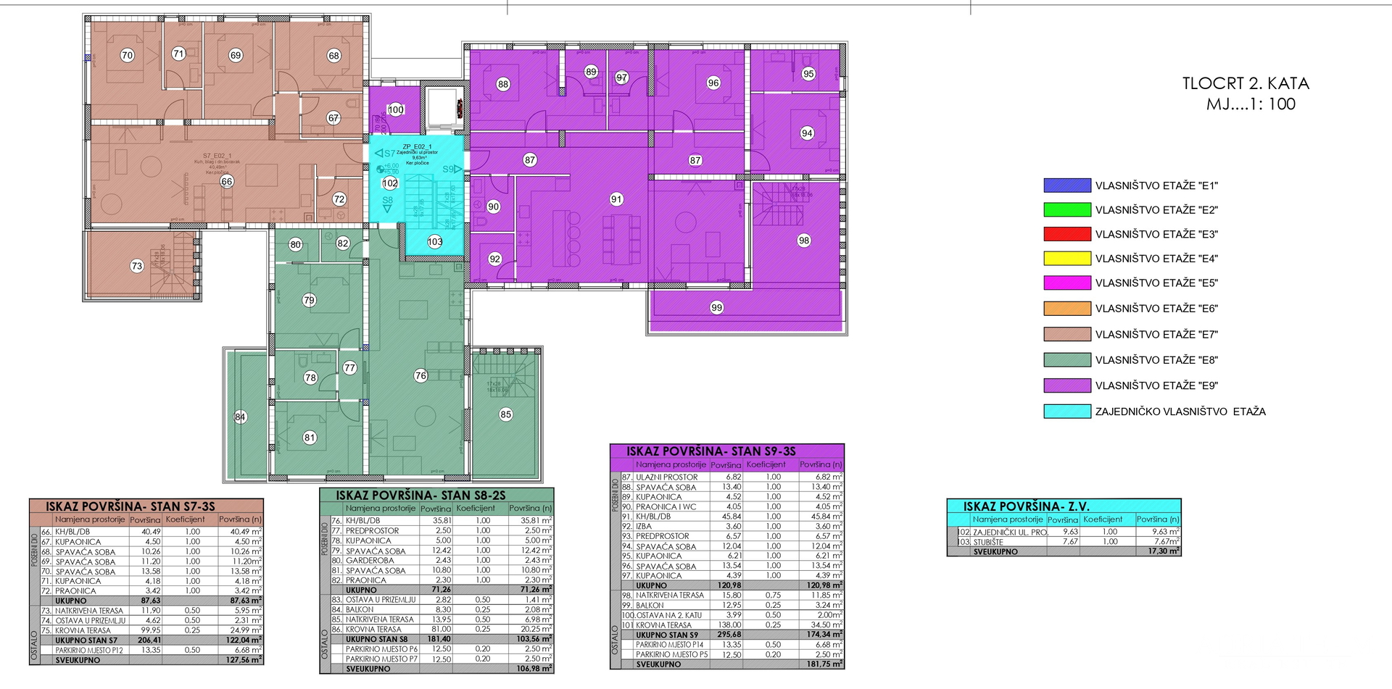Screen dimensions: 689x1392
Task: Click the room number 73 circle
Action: pos(137,266)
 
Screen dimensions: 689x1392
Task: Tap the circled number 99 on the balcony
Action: pos(716,307)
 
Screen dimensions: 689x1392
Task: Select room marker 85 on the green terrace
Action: pos(505,414)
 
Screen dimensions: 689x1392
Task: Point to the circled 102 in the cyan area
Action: pos(390,183)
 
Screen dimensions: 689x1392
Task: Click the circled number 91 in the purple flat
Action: pos(616,199)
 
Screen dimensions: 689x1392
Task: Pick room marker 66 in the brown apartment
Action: pos(227,181)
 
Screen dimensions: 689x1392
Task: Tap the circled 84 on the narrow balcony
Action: pos(241,417)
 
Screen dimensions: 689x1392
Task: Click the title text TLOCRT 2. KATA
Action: pos(1246,84)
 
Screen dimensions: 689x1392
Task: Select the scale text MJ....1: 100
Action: pos(1251,104)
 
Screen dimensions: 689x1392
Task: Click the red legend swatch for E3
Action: pos(1066,234)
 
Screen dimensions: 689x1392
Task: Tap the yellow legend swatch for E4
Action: pos(1066,258)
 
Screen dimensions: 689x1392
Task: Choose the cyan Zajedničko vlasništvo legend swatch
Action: pos(1066,412)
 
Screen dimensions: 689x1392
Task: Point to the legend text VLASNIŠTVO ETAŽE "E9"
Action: pos(1156,385)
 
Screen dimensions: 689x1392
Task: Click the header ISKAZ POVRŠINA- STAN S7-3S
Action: pos(130,506)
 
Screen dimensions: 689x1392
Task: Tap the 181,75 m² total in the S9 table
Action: pos(824,664)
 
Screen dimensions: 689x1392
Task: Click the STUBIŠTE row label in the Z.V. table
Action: pos(988,541)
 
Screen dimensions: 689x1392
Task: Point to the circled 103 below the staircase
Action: pos(435,242)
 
